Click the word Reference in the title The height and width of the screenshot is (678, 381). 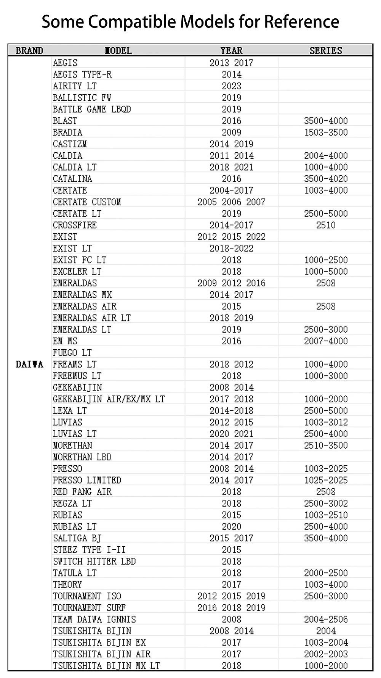pos(301,21)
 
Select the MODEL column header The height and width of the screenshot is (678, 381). pos(118,50)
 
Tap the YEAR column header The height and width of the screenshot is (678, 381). pos(231,50)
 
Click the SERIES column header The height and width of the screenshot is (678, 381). pos(326,50)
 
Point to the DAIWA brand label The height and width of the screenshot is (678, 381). pos(29,364)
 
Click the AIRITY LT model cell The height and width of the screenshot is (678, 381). pos(75,86)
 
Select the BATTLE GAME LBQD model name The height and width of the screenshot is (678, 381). pos(92,109)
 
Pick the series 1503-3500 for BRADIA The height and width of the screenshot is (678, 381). pos(326,132)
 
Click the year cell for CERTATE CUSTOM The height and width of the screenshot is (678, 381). pos(231,202)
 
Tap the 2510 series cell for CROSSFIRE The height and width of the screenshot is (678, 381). pos(326,225)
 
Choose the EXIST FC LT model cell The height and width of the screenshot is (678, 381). pos(80,260)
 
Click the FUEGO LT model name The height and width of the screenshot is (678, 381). pos(72,353)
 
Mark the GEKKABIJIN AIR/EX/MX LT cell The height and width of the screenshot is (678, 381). pos(109,399)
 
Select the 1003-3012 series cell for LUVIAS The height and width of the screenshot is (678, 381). pos(326,422)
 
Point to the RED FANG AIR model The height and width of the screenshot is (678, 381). pos(82,492)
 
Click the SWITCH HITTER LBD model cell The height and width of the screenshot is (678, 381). pos(94,561)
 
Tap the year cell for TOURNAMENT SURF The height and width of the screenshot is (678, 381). pos(231,607)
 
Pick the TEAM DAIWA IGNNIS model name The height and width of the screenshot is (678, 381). pos(94,619)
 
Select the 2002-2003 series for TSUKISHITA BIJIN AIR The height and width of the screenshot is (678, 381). pos(326,654)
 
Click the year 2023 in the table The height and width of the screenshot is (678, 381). pos(231,86)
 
